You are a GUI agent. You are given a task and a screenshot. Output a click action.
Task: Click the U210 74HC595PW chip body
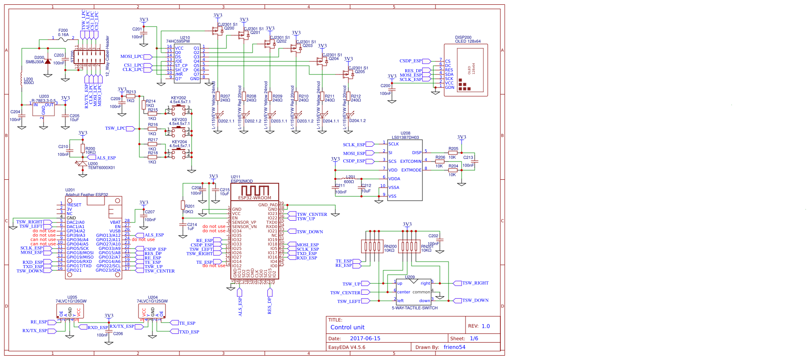pos(187,63)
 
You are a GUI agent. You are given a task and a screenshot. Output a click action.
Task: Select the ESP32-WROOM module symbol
pos(255,235)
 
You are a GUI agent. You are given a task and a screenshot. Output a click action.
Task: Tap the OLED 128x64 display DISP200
pos(466,70)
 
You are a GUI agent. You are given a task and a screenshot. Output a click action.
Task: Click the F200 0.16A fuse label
pos(63,33)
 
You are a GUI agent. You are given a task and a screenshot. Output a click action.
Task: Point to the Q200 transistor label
pos(229,28)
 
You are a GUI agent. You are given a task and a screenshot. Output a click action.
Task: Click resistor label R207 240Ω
pos(225,98)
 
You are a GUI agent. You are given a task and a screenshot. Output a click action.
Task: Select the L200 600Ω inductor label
pos(28,81)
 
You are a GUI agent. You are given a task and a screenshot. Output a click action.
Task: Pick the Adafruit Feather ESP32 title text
pos(87,195)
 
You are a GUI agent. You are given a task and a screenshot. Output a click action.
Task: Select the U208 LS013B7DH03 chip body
pos(405,170)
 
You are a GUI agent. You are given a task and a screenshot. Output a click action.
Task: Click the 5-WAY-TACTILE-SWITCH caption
pos(415,308)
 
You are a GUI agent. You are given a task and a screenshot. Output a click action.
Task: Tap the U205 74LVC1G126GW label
pos(71,299)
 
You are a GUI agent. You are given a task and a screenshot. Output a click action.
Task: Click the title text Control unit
pos(348,327)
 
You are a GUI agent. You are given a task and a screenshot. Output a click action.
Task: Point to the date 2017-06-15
pos(365,338)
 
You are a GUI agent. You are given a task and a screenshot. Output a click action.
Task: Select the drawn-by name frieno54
pos(454,347)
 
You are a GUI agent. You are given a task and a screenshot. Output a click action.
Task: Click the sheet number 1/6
pos(474,338)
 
